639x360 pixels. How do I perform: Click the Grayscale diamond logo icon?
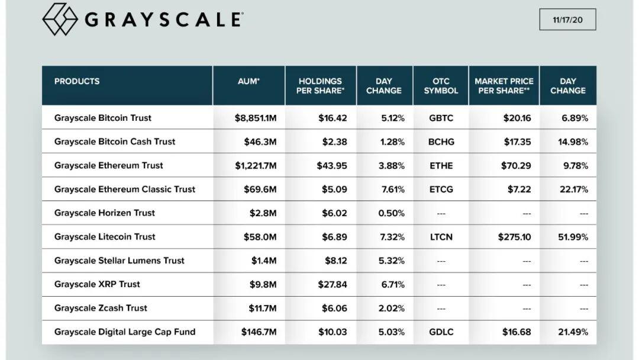coord(60,19)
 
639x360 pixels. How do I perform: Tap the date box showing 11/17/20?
coord(567,20)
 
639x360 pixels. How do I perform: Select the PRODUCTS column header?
coord(77,81)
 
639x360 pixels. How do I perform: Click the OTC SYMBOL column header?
coord(441,86)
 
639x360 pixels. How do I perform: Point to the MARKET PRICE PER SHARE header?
coord(504,86)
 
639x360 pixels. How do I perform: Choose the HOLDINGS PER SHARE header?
coord(320,86)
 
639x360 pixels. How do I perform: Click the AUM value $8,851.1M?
coord(256,118)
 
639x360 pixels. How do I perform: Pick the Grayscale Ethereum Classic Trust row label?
coord(125,189)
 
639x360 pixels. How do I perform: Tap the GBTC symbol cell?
coord(441,118)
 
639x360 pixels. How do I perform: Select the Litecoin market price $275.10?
coord(514,237)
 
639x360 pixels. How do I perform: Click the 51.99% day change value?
coord(573,237)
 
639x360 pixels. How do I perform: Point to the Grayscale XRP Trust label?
coord(97,284)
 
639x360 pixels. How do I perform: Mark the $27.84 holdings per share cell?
coord(333,284)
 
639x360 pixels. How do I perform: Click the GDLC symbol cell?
coord(441,332)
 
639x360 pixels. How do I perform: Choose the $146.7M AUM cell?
coord(259,332)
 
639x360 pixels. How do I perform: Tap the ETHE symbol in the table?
coord(441,166)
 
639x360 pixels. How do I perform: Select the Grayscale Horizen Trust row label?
coord(105,213)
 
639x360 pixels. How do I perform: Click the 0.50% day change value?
coord(391,213)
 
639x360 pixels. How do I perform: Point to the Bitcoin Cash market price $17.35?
coord(517,142)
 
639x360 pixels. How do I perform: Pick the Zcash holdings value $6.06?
coord(334,308)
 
